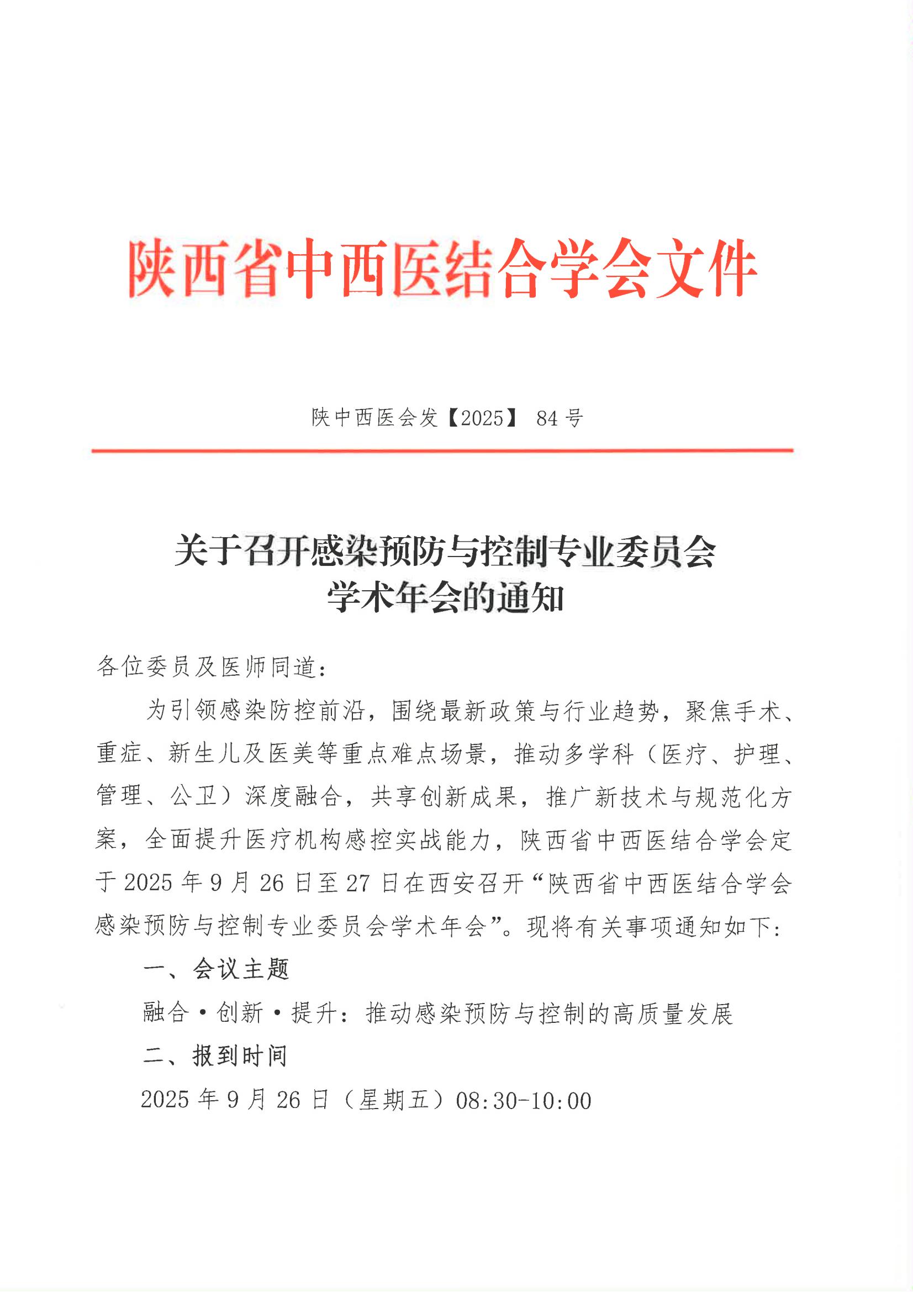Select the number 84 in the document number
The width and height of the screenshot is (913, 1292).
pyautogui.click(x=546, y=418)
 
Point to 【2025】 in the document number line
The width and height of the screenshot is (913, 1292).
pyautogui.click(x=481, y=418)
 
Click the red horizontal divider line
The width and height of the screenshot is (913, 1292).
pyautogui.click(x=442, y=451)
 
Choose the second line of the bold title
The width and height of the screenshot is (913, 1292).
pyautogui.click(x=445, y=598)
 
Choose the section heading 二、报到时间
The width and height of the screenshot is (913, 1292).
pyautogui.click(x=215, y=1056)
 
